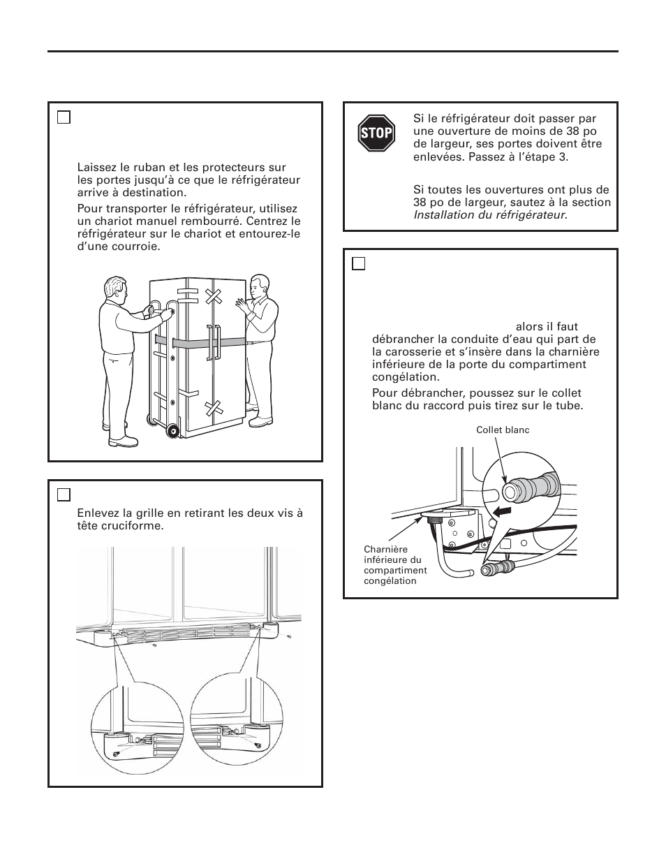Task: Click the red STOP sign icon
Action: pyautogui.click(x=376, y=133)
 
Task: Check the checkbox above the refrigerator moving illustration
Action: pyautogui.click(x=64, y=117)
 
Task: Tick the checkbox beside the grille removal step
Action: pyautogui.click(x=64, y=495)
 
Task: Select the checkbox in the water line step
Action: pyautogui.click(x=358, y=263)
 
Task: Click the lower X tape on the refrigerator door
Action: pyautogui.click(x=213, y=409)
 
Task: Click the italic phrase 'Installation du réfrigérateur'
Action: pyautogui.click(x=489, y=215)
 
